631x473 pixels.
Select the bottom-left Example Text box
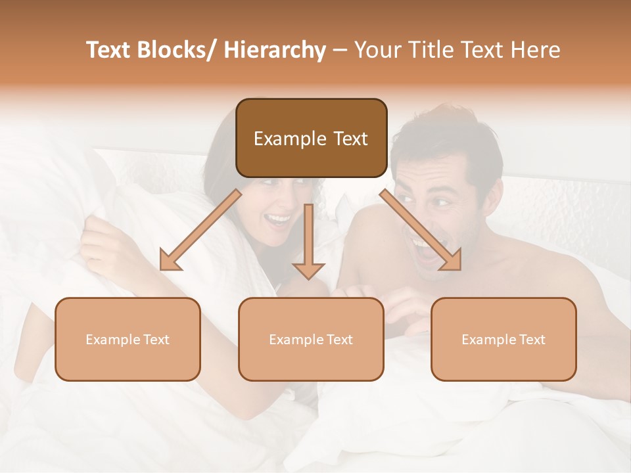[128, 339]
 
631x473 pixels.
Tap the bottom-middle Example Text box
[311, 339]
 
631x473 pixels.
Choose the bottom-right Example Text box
[503, 339]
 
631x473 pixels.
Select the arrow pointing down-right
[421, 230]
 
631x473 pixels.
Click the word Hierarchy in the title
[275, 50]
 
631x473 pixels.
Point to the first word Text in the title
[109, 50]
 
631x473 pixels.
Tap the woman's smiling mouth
[279, 219]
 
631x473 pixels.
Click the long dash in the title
[340, 50]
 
